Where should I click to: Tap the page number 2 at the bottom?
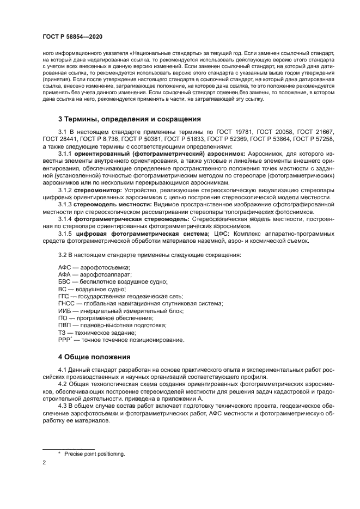coord(44,463)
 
